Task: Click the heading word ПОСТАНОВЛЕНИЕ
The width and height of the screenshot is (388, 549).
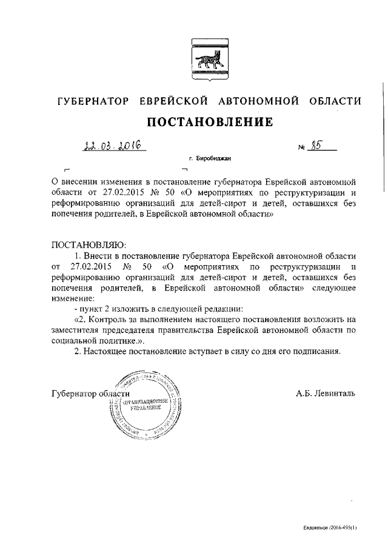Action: coord(206,123)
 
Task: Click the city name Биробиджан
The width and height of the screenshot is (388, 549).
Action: coord(214,159)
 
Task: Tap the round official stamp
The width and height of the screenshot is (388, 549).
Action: coord(145,404)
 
